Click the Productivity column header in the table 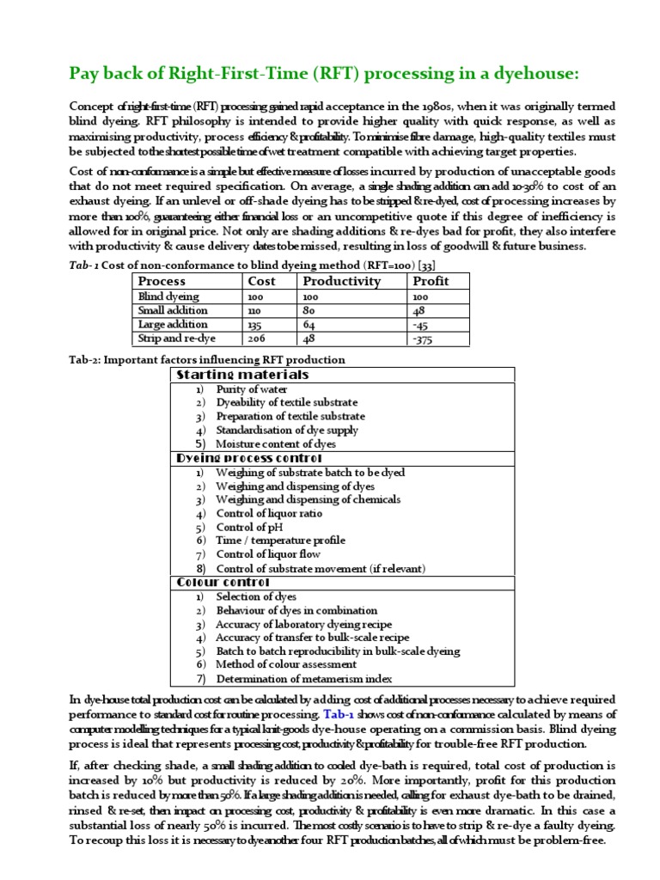(341, 281)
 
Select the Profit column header (431, 281)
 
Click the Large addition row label (174, 325)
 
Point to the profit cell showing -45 (421, 325)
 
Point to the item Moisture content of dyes (276, 444)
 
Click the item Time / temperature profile (281, 541)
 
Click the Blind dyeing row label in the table (168, 296)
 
